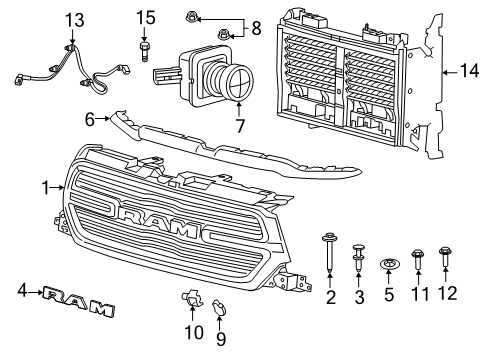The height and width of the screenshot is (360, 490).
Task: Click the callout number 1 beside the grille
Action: pyautogui.click(x=44, y=186)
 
